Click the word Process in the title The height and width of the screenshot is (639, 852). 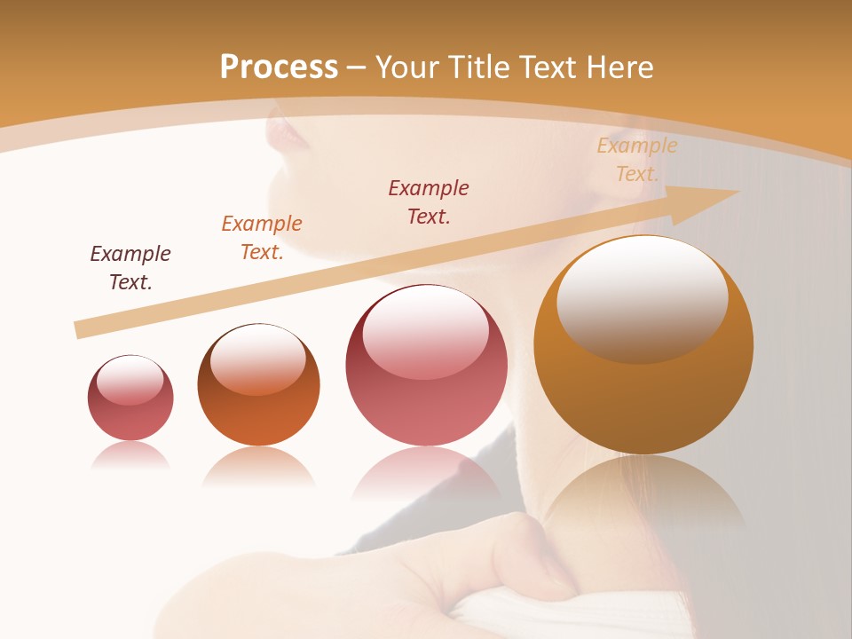279,67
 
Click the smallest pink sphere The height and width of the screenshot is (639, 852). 130,398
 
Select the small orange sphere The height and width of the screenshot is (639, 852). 258,385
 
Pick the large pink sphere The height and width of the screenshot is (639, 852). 427,366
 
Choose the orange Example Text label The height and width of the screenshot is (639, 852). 262,238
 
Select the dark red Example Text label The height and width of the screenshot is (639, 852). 429,201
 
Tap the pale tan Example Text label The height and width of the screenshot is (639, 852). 636,160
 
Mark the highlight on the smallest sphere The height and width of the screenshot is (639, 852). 130,381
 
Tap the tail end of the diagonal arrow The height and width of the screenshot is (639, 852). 82,329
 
